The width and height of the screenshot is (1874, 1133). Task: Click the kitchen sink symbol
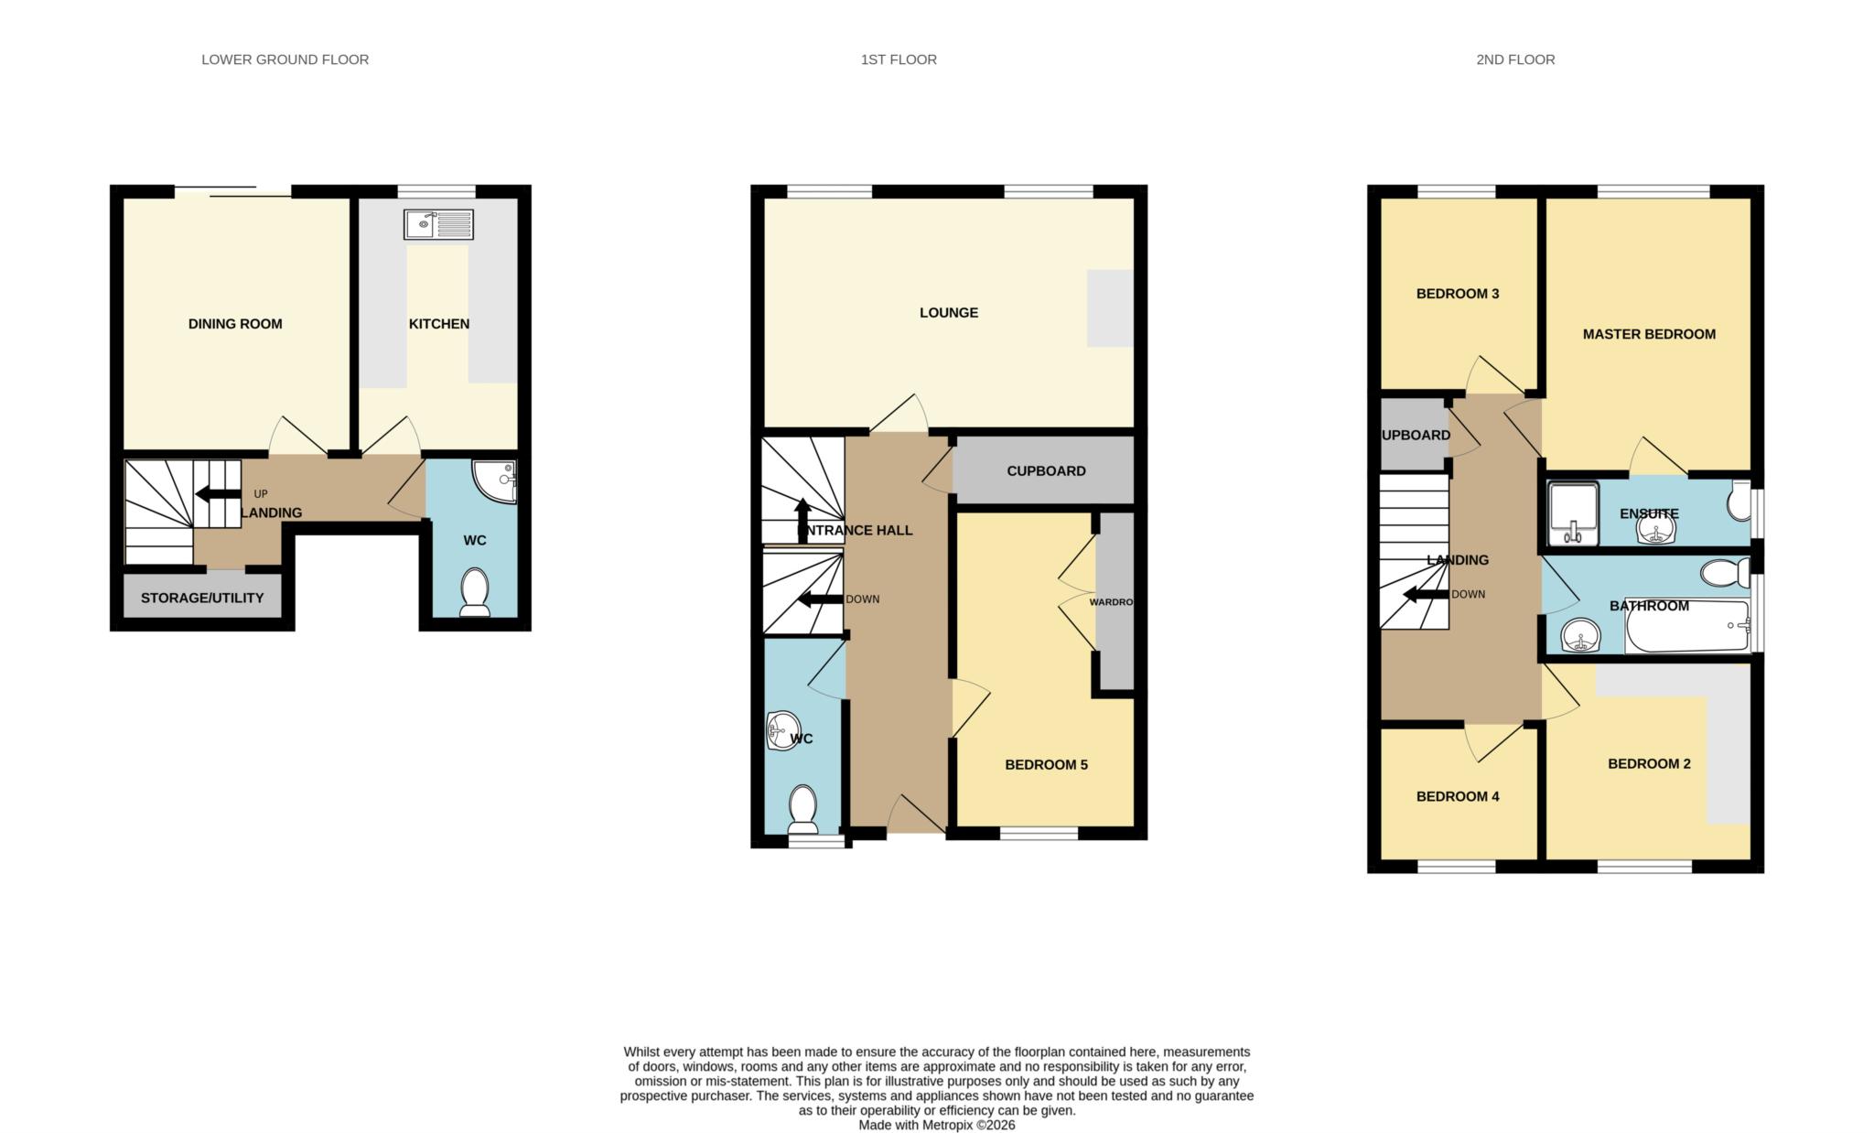coord(438,224)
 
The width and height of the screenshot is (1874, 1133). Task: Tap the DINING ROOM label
coord(235,324)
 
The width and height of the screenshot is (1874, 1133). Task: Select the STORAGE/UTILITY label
coord(202,598)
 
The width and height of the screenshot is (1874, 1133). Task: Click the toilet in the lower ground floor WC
coord(475,592)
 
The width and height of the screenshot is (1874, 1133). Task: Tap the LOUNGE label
coord(949,313)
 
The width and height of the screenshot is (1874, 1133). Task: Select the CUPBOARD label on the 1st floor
coord(1046,471)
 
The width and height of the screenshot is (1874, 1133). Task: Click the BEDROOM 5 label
coord(1046,765)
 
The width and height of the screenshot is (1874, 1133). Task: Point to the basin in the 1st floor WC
coord(781,730)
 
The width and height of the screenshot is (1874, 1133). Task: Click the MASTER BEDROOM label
coord(1649,335)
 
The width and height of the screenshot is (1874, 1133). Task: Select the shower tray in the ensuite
coord(1573,513)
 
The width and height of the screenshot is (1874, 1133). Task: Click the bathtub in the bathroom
coord(1686,628)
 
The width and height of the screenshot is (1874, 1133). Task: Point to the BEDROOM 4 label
coord(1458,797)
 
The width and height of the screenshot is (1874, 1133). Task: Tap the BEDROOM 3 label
coord(1458,295)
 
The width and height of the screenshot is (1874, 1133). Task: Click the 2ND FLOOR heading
coord(1515,59)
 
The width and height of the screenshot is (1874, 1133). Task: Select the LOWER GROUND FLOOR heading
coord(285,59)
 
